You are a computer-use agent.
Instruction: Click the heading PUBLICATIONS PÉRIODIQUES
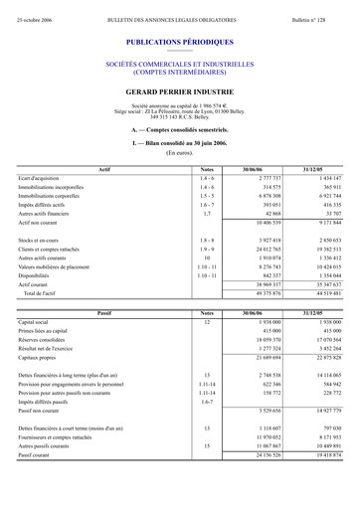click(180, 43)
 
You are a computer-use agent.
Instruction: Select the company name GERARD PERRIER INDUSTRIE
click(180, 90)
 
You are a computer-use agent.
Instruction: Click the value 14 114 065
click(324, 373)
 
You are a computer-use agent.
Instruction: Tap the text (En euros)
click(180, 153)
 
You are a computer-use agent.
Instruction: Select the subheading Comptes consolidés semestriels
click(180, 130)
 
